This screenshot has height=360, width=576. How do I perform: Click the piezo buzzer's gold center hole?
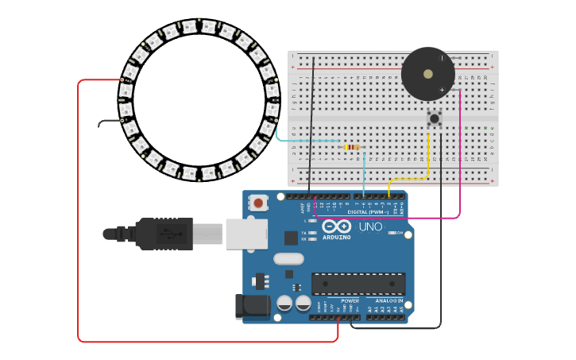[x=428, y=74]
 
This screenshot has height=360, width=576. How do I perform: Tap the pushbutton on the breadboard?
[x=435, y=119]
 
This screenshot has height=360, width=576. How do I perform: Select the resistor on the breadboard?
[x=352, y=147]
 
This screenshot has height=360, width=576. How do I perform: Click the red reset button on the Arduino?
[x=259, y=203]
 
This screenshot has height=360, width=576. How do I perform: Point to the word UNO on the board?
[x=371, y=226]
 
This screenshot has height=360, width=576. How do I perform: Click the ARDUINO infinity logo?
[x=336, y=226]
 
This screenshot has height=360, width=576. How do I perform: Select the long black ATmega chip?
[x=358, y=284]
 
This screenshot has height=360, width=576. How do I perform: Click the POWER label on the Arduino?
[x=350, y=301]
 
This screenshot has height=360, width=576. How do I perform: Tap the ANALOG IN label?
[x=389, y=301]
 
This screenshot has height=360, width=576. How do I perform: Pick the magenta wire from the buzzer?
[x=459, y=159]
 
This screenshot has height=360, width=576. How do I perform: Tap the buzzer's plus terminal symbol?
[x=442, y=90]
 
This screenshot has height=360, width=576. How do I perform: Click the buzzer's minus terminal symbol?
[x=442, y=58]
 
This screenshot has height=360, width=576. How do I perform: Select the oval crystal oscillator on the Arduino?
[x=288, y=258]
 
